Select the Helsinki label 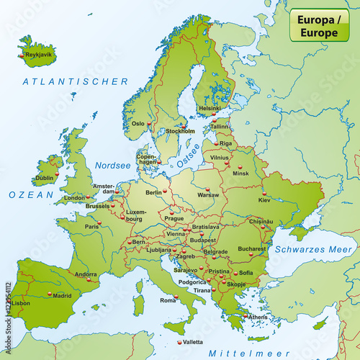click(210, 109)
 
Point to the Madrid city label click(63, 295)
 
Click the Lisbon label click(21, 303)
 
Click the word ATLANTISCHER click(76, 82)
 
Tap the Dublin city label click(45, 177)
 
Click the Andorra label click(86, 274)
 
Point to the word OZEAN click(32, 195)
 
